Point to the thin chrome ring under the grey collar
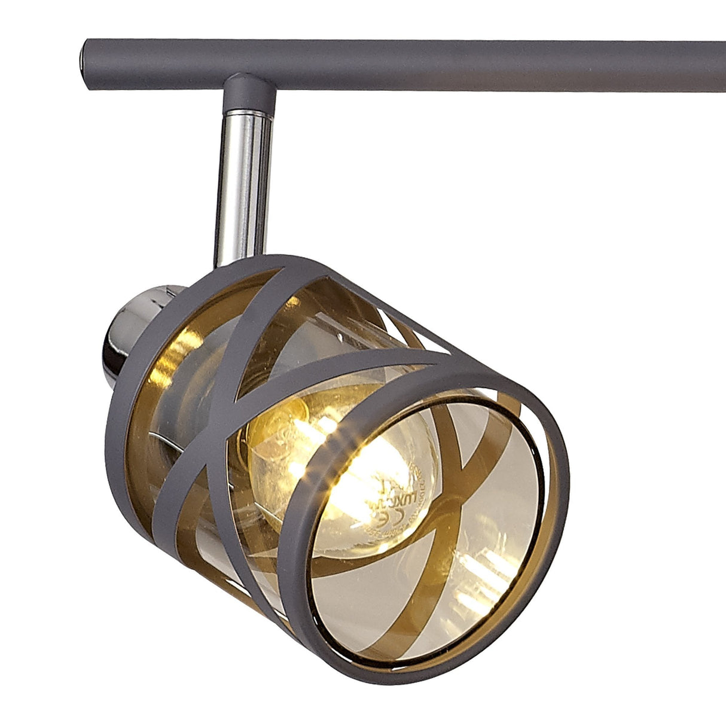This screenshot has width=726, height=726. click(x=248, y=112)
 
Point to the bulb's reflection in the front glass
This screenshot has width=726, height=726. click(x=478, y=562)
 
